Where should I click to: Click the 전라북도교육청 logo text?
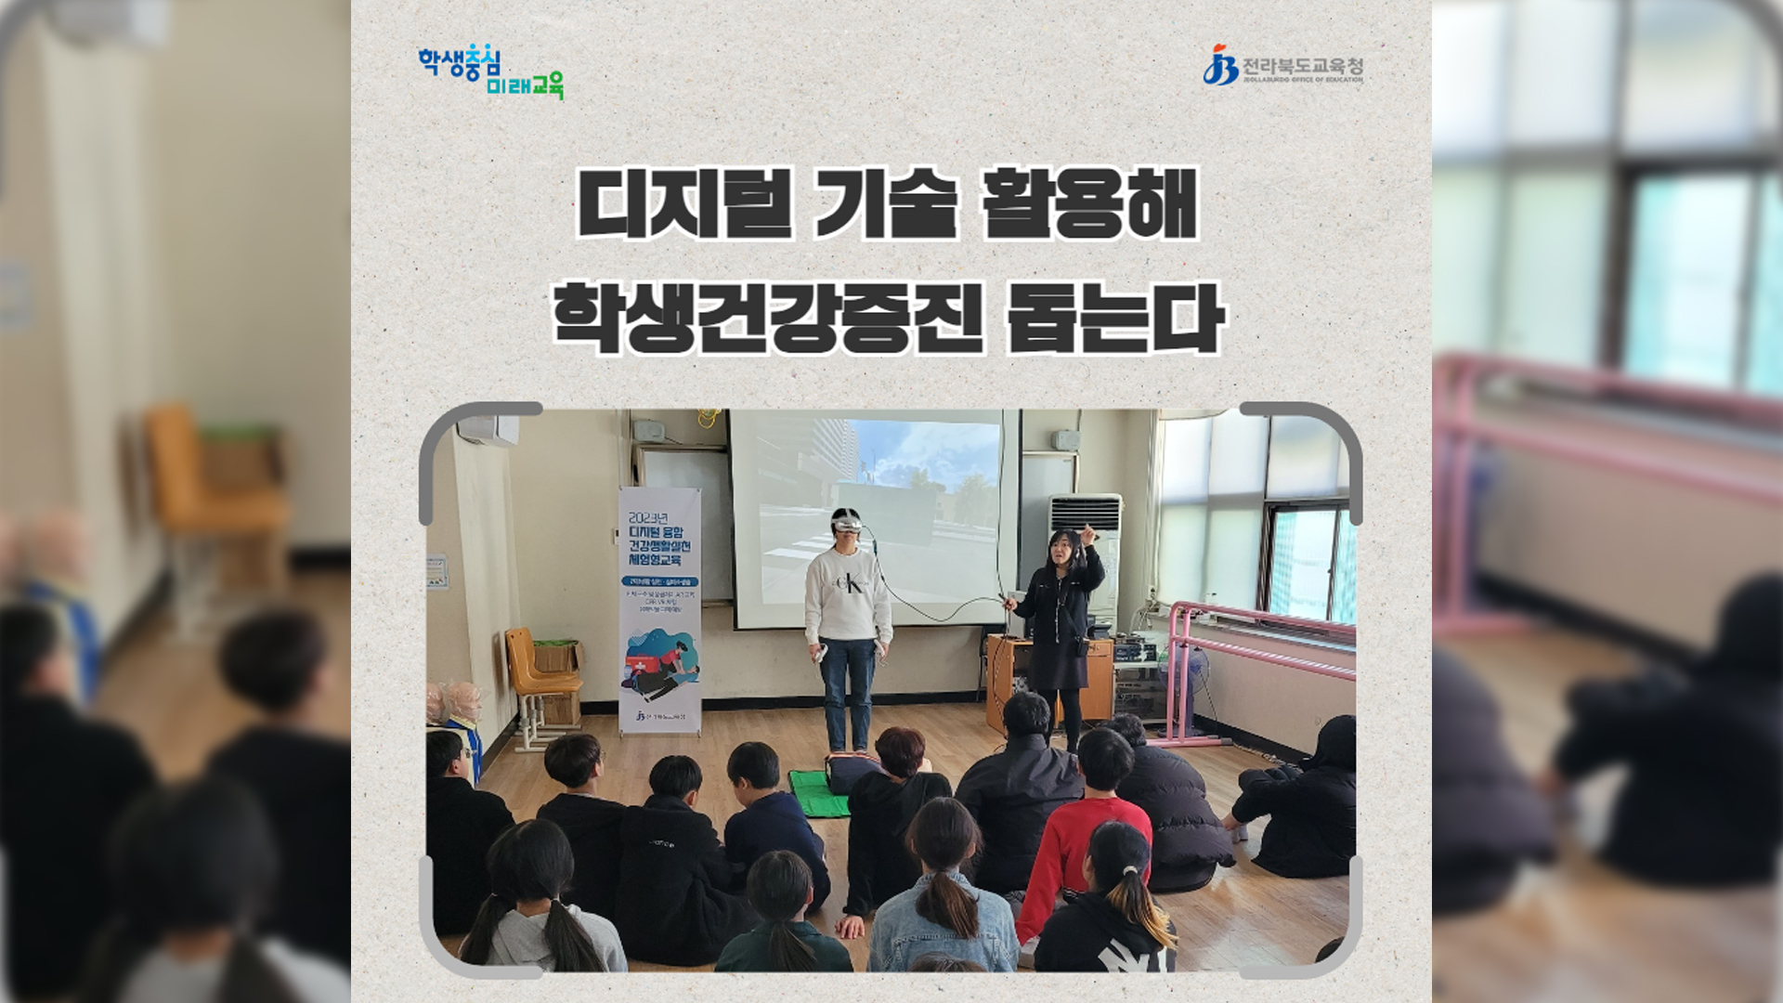pyautogui.click(x=1302, y=66)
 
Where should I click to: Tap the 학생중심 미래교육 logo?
pyautogui.click(x=490, y=72)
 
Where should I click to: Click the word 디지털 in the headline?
pyautogui.click(x=683, y=202)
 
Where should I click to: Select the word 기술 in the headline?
pyautogui.click(x=885, y=202)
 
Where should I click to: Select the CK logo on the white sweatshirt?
pyautogui.click(x=847, y=585)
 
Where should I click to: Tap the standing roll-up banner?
pyautogui.click(x=659, y=608)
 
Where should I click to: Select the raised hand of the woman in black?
pyautogui.click(x=1087, y=534)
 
